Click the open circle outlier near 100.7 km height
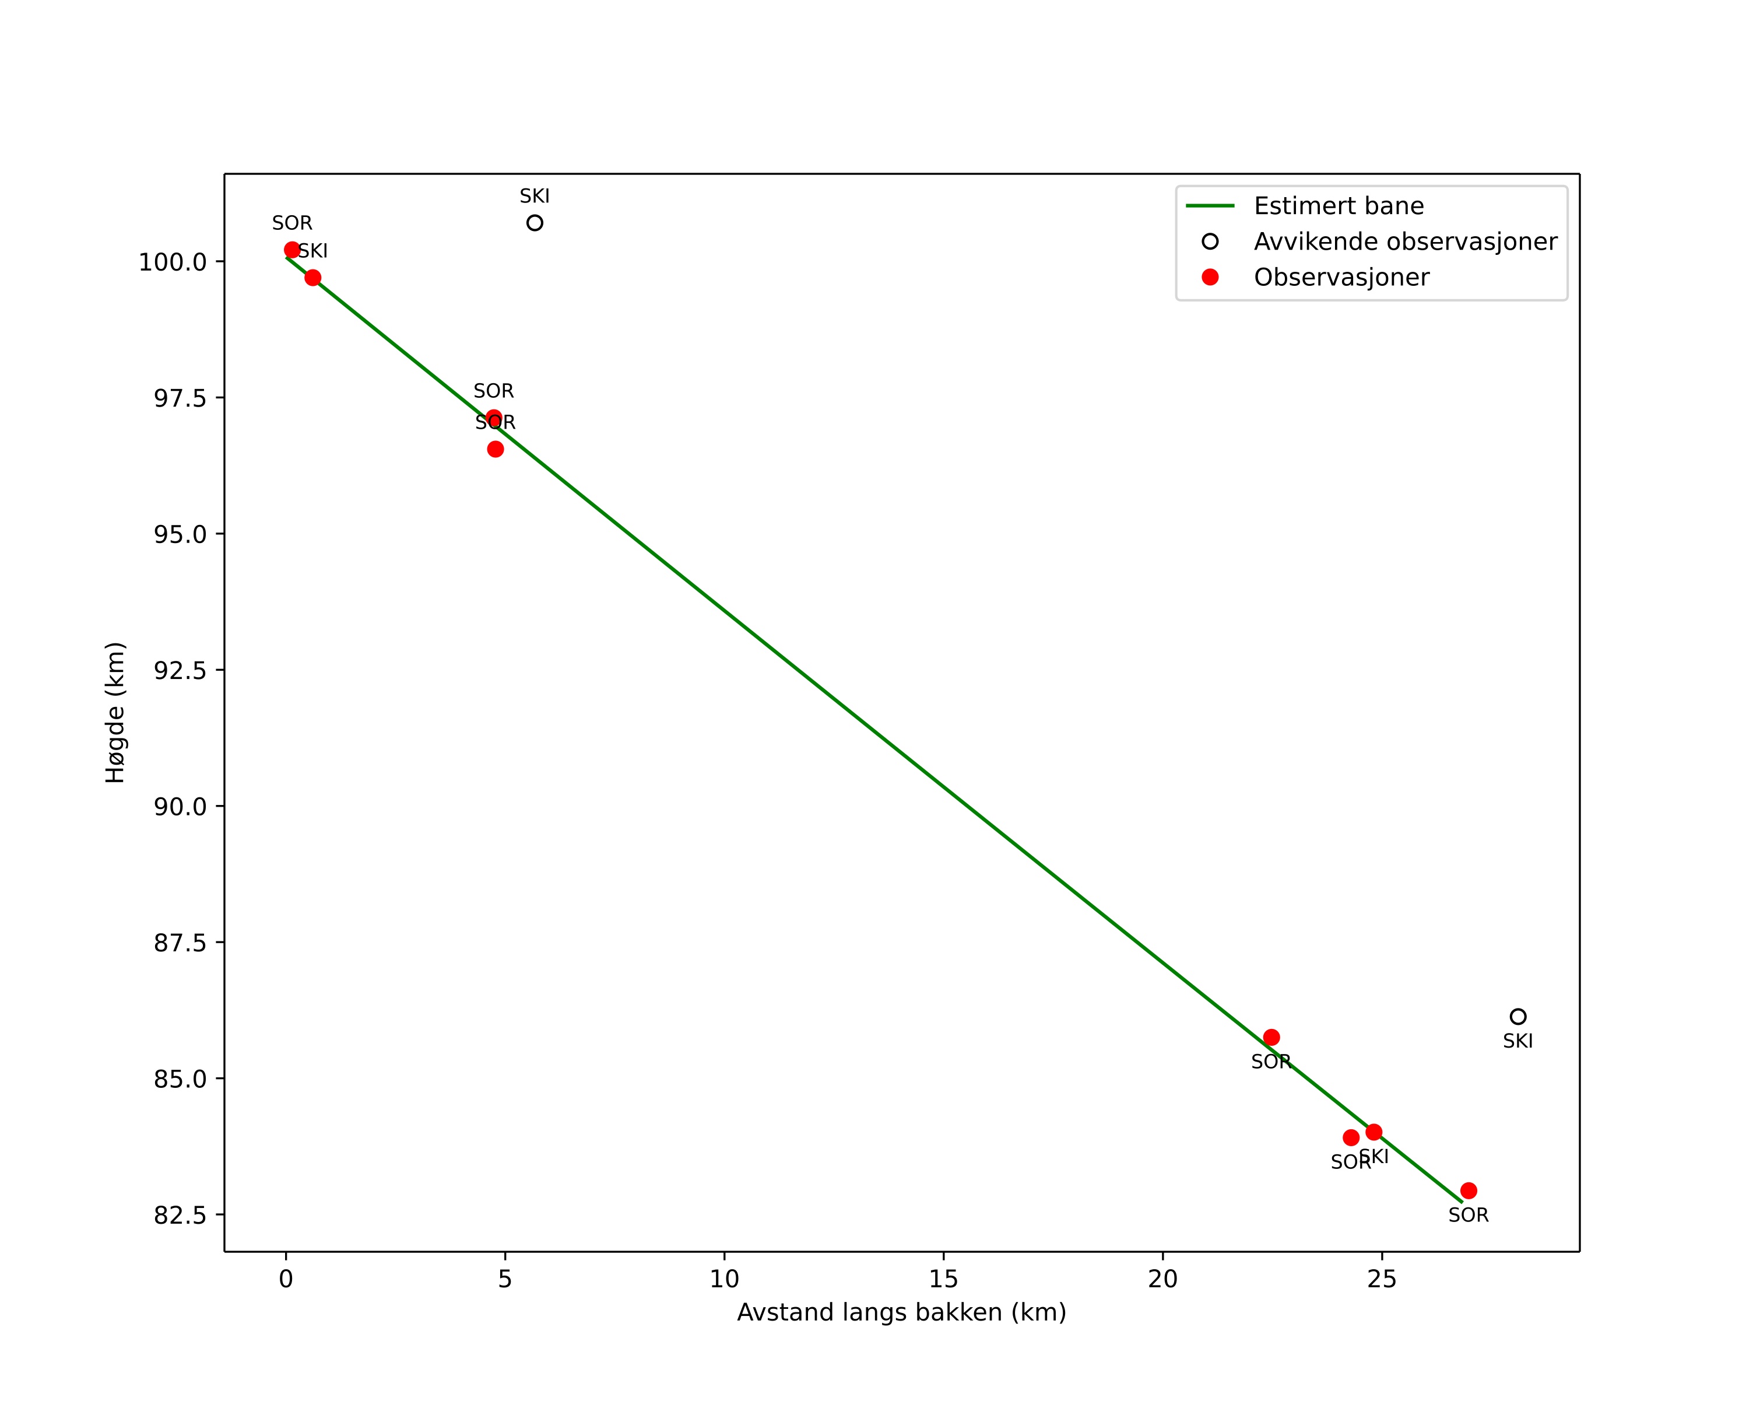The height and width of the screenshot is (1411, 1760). coord(535,223)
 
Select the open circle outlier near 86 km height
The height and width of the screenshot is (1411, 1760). coord(1517,1017)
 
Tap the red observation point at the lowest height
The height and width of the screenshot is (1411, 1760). coord(1469,1191)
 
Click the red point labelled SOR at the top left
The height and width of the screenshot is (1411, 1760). coord(292,250)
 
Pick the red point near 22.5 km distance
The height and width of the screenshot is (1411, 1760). coord(1271,1038)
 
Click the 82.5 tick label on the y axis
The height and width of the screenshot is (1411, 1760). coord(180,1215)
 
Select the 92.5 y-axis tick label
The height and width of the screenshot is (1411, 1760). coord(180,670)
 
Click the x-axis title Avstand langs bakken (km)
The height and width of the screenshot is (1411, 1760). coord(901,1312)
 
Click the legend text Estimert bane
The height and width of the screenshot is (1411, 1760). coord(1339,206)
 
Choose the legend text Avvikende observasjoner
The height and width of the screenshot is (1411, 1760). coord(1405,241)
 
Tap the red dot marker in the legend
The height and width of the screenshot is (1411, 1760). coord(1210,278)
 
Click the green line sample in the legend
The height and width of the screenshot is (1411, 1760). coord(1210,206)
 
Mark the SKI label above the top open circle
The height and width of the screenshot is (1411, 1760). coord(535,196)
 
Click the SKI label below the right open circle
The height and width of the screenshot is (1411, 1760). coord(1517,1041)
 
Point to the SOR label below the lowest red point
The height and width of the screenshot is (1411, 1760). coord(1469,1215)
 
